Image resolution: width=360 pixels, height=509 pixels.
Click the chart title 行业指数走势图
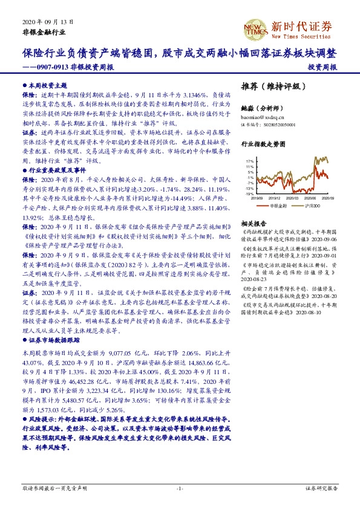click(263, 145)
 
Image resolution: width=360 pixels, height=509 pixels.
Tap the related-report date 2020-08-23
click(254, 280)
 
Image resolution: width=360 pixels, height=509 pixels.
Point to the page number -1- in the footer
click(180, 488)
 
